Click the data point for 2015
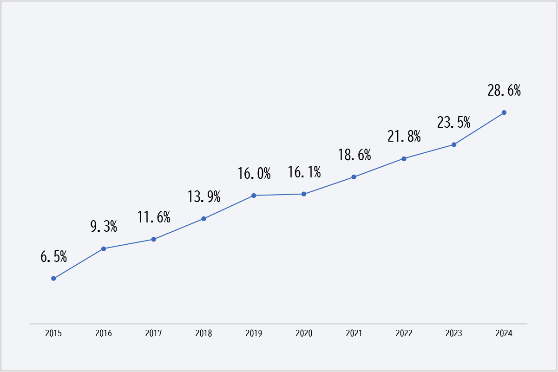pos(53,278)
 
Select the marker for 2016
pos(104,249)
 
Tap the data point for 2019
pos(254,196)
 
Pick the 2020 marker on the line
pos(304,194)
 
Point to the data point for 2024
pos(504,113)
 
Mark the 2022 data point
pos(404,159)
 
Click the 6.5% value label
pos(53,256)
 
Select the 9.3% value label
pos(104,227)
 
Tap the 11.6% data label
pos(154,217)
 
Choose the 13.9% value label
pos(204,196)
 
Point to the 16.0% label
pos(254,173)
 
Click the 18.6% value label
pos(354,155)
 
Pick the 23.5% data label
pos(454,122)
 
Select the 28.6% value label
pos(504,91)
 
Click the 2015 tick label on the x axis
pos(53,333)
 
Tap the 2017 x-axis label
pos(154,333)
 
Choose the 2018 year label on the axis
pos(204,333)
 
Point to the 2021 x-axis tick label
pos(354,333)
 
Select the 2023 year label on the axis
pos(454,333)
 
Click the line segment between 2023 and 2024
pos(479,129)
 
